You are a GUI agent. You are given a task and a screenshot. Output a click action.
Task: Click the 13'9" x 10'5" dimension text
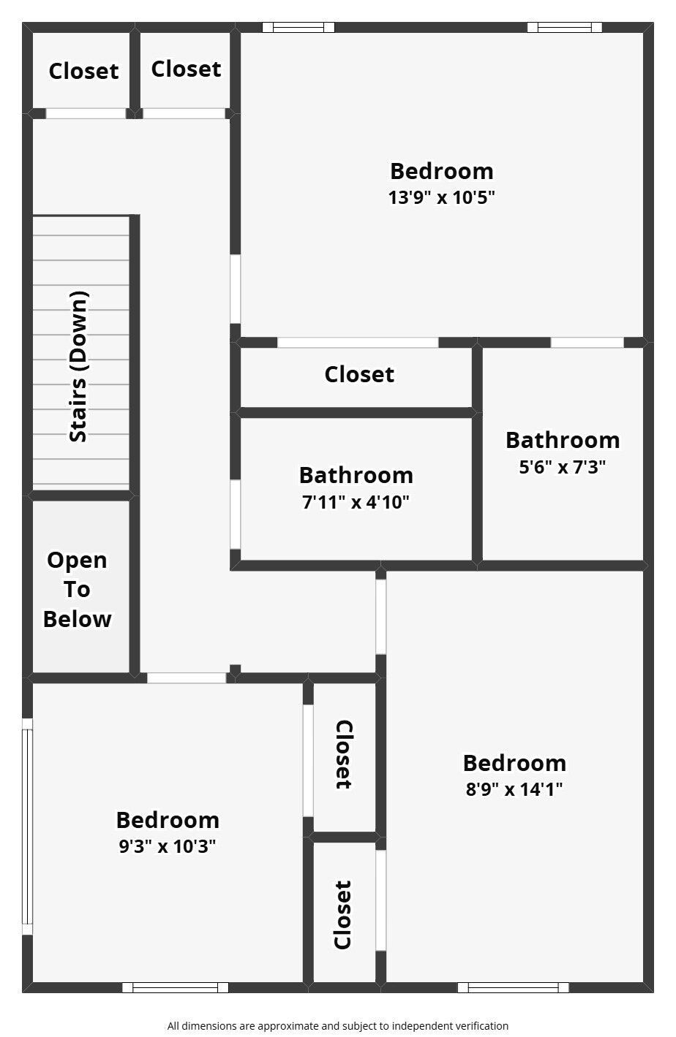[441, 197]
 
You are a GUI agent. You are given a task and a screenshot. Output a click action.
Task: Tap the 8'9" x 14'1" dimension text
[514, 789]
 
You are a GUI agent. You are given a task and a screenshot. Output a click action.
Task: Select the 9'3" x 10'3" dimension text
[168, 846]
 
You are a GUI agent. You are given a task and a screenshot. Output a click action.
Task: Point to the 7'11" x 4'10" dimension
[356, 502]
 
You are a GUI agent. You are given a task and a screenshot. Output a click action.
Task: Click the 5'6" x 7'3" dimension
[562, 467]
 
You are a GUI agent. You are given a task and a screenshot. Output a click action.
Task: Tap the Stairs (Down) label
[78, 366]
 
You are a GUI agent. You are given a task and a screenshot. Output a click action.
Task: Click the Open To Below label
[77, 589]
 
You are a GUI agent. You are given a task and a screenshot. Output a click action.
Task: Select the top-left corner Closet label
[84, 71]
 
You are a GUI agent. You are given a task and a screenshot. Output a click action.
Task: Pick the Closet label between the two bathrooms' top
[359, 374]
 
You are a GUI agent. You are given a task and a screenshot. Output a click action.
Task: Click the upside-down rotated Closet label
[344, 754]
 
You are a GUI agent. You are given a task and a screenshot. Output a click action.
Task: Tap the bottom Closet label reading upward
[343, 915]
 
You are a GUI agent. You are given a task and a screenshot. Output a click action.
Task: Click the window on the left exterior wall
[27, 827]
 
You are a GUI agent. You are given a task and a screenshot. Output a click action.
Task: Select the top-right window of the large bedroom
[564, 27]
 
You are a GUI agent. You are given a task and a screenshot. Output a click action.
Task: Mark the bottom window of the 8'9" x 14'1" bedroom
[513, 988]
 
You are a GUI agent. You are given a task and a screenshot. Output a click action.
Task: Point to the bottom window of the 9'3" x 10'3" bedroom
[175, 988]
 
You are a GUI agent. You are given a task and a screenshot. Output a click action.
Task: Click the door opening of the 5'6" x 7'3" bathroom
[587, 343]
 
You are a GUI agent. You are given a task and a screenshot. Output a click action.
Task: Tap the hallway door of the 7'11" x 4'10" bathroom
[236, 514]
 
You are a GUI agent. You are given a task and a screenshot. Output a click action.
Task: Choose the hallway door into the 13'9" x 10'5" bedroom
[236, 289]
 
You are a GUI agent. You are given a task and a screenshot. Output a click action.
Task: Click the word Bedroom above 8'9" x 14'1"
[514, 763]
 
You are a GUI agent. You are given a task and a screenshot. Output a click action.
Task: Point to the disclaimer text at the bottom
[338, 1026]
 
